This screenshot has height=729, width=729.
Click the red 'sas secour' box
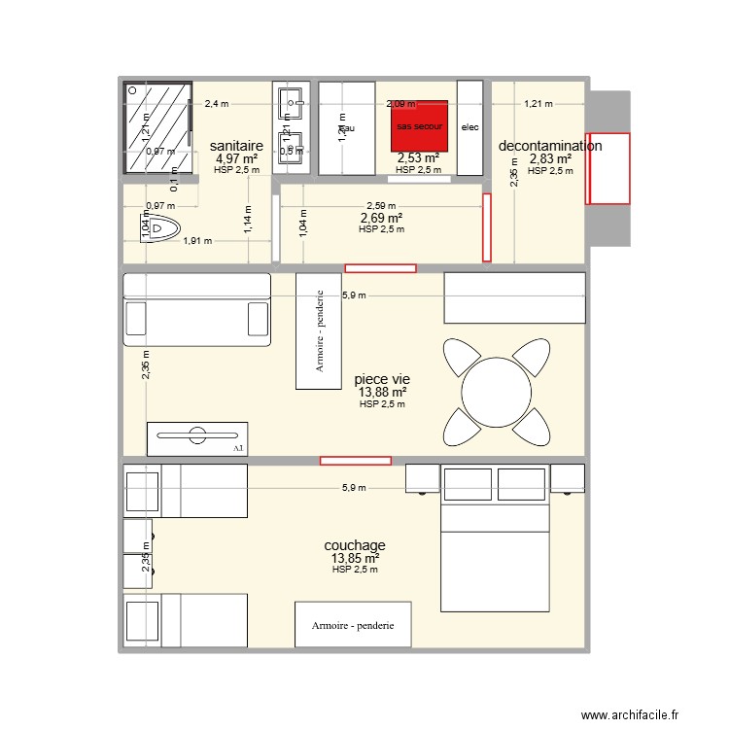point(419,125)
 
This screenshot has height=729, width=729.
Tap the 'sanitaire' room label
point(237,146)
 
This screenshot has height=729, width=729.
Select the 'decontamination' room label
point(549,146)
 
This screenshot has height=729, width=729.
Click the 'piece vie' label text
point(382,379)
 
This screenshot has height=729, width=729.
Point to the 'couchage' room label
point(355,545)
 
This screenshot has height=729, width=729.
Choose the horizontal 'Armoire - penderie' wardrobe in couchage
point(353,625)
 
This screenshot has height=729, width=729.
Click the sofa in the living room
point(196,309)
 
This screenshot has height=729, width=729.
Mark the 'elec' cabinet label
point(469,127)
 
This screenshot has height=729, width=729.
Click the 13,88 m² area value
point(382,393)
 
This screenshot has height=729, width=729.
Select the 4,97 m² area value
point(237,158)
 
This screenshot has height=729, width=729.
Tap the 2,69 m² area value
point(381,219)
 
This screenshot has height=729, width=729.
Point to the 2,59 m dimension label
point(381,206)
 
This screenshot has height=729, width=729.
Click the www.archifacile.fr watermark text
point(630,716)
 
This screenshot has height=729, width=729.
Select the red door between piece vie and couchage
point(356,460)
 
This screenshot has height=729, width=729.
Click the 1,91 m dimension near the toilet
point(198,242)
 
